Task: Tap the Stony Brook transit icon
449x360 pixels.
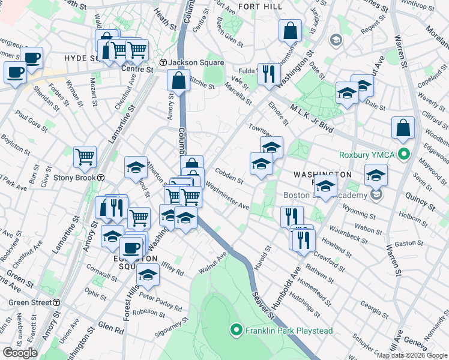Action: [x=101, y=178]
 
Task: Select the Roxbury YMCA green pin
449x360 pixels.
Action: [x=404, y=154]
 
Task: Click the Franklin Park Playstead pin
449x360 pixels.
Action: [x=236, y=329]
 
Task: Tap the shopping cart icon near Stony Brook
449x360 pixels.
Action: [x=85, y=157]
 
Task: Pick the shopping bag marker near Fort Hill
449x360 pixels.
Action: [x=291, y=31]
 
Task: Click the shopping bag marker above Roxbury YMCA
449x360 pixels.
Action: [x=403, y=127]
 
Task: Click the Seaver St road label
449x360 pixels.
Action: [x=262, y=303]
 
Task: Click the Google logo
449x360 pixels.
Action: [x=20, y=353]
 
